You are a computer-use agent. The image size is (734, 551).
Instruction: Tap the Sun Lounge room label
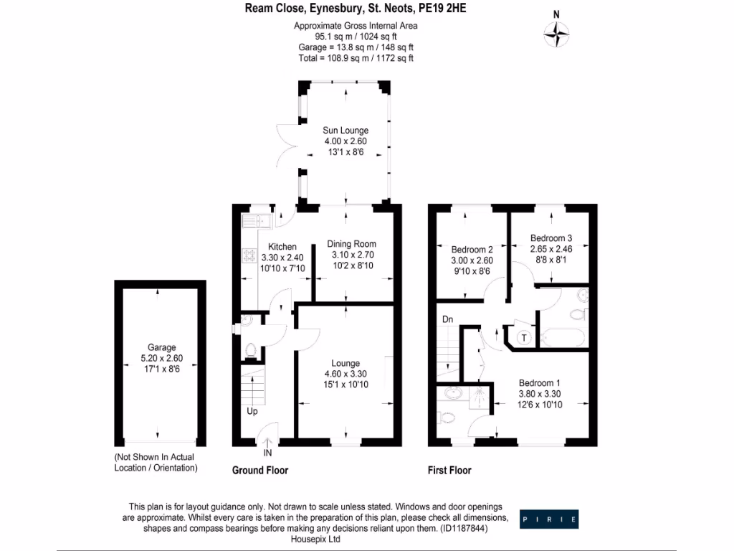(345, 131)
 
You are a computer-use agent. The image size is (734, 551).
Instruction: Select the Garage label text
(157, 347)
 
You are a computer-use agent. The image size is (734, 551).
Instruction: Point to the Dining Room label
(352, 244)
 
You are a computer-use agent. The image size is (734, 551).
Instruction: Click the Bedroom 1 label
(540, 382)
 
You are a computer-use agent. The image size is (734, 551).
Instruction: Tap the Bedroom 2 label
(472, 250)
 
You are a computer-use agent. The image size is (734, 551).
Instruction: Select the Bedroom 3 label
(550, 238)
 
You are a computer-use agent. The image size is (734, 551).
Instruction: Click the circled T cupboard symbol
(524, 338)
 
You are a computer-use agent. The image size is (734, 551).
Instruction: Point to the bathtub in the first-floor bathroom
(563, 336)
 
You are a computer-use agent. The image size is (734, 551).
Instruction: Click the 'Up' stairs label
(252, 412)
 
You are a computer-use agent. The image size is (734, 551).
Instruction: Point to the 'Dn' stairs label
(447, 319)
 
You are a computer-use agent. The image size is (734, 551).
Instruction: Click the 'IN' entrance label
(267, 453)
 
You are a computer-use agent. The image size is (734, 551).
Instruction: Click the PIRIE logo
(549, 519)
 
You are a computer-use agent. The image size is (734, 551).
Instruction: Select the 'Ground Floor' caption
(260, 471)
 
